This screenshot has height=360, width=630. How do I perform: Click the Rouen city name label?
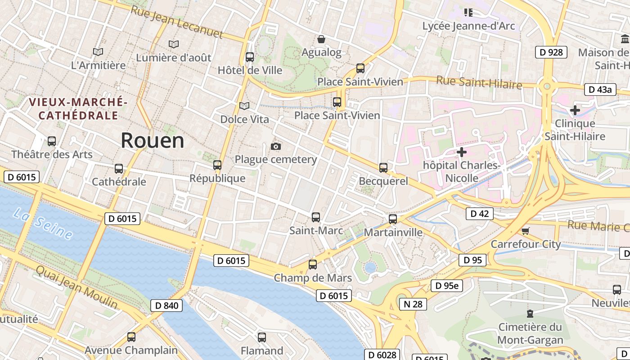(152, 141)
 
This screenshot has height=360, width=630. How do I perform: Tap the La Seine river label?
(43, 224)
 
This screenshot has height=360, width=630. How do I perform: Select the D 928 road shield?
(551, 52)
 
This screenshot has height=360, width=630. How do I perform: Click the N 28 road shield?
(413, 304)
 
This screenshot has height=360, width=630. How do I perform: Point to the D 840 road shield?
(166, 306)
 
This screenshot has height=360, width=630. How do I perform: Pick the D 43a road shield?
(600, 90)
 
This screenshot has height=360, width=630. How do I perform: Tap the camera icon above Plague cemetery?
(276, 147)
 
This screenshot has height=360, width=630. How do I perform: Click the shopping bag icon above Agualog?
(321, 40)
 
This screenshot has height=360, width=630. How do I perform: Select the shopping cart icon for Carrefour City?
(525, 231)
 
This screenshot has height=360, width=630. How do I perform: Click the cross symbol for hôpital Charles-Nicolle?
(461, 152)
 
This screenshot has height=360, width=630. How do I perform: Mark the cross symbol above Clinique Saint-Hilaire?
(575, 110)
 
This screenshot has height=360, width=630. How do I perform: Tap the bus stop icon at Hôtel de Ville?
(250, 57)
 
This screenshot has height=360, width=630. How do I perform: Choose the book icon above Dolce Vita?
(244, 106)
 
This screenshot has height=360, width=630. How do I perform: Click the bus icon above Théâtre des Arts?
(52, 141)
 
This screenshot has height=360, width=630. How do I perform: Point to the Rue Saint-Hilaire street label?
(479, 83)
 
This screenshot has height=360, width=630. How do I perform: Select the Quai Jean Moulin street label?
(76, 287)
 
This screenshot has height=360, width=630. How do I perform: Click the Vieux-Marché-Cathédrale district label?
(78, 109)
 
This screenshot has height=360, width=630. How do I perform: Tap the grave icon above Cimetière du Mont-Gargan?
(530, 313)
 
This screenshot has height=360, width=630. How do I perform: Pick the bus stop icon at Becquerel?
(383, 168)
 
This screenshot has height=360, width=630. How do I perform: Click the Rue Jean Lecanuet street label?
(176, 22)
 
